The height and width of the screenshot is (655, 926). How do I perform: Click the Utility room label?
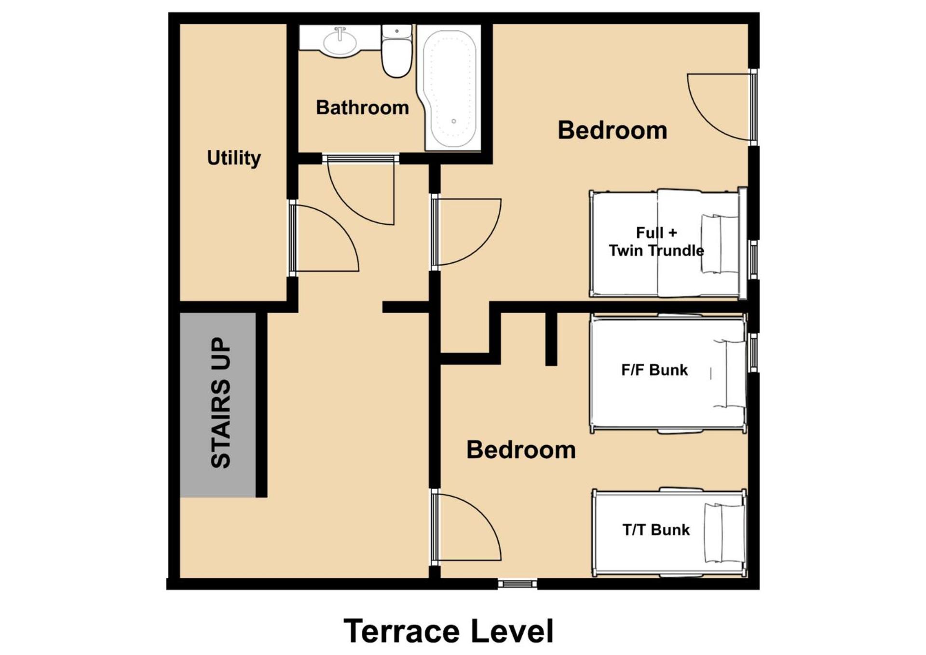pyautogui.click(x=234, y=158)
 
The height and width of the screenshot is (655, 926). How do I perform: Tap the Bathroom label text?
pyautogui.click(x=362, y=107)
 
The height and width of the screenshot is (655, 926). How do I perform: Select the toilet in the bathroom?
pyautogui.click(x=396, y=51)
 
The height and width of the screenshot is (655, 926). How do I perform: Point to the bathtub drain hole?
pyautogui.click(x=453, y=121)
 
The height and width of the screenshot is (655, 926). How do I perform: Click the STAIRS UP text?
pyautogui.click(x=221, y=402)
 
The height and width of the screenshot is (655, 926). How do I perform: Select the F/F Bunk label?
pyautogui.click(x=654, y=370)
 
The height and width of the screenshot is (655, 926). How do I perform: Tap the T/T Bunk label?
pyautogui.click(x=656, y=530)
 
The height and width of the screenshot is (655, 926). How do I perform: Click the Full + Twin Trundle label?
pyautogui.click(x=656, y=242)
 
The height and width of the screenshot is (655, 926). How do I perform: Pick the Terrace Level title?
pyautogui.click(x=448, y=631)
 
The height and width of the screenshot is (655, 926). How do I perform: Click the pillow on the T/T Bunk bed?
pyautogui.click(x=723, y=533)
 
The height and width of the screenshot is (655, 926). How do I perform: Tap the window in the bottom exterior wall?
pyautogui.click(x=517, y=584)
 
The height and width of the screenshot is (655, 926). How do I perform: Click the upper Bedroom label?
pyautogui.click(x=612, y=130)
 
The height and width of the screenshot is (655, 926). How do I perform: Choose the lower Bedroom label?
pyautogui.click(x=521, y=450)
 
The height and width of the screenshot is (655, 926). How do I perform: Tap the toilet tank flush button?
pyautogui.click(x=396, y=31)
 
